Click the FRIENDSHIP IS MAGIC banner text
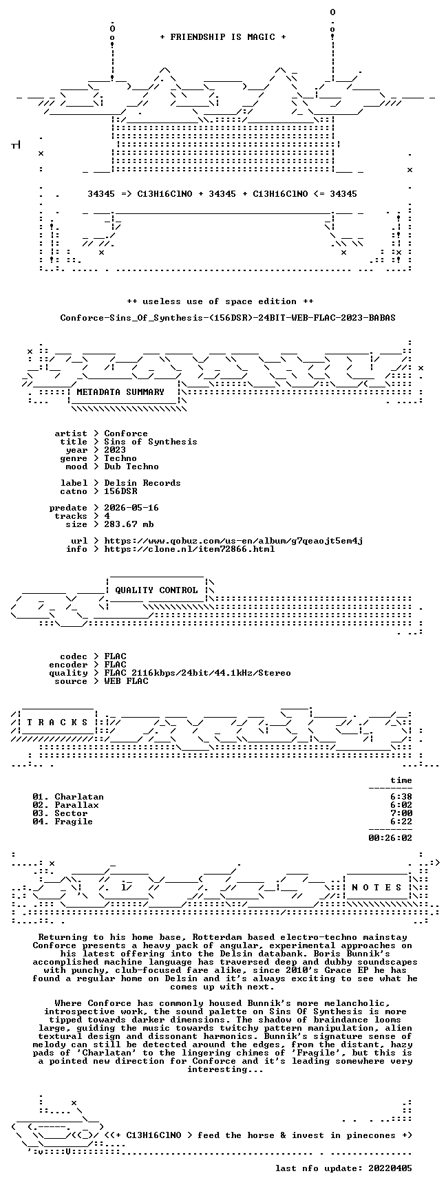(x=222, y=36)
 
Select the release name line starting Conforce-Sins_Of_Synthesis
(x=228, y=318)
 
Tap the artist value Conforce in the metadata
(x=126, y=433)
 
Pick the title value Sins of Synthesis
(x=151, y=442)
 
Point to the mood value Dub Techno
(x=131, y=467)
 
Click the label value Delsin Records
(x=142, y=483)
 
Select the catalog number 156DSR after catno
(x=120, y=491)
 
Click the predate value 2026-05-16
(x=131, y=508)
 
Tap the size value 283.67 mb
(x=129, y=524)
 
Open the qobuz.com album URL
(x=233, y=541)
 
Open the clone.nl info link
(x=189, y=549)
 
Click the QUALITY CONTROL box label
(x=156, y=590)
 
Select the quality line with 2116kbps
(x=198, y=673)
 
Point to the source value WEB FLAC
(x=126, y=681)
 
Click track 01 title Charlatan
(x=79, y=797)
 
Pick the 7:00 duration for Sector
(x=401, y=813)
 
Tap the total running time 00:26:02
(x=390, y=838)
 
